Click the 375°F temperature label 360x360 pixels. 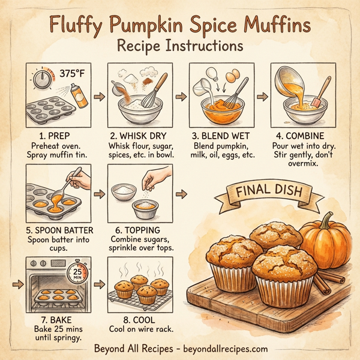coord(72,74)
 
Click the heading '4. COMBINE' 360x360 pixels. coord(302,136)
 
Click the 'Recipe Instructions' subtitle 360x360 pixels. coord(180,46)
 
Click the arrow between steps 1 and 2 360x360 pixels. coord(100,96)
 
